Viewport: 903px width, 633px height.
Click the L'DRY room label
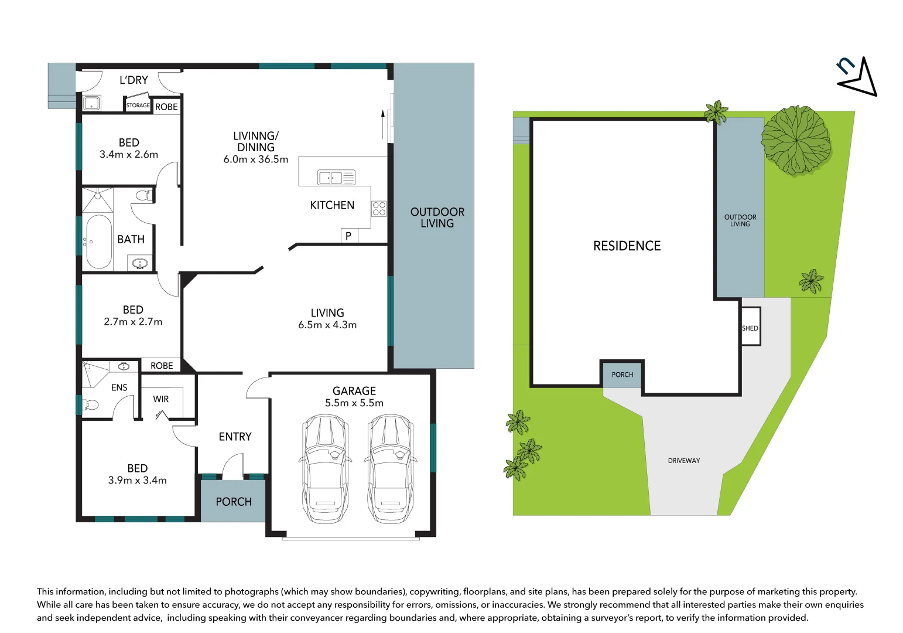[x=134, y=80]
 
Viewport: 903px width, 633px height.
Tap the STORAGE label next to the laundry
[x=138, y=105]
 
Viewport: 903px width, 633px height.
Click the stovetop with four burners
[x=379, y=209]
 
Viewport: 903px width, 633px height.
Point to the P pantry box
[x=348, y=236]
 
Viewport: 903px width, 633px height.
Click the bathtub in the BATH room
[x=98, y=241]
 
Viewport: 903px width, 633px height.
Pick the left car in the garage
[x=326, y=469]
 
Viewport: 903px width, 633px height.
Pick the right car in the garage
[x=390, y=469]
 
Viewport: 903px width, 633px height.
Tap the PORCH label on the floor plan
[x=234, y=502]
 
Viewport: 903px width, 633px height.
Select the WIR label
[x=161, y=399]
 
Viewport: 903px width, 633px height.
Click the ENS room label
[x=119, y=387]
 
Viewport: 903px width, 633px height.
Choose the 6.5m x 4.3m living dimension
[x=327, y=325]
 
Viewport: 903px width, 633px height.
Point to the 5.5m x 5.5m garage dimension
[x=354, y=403]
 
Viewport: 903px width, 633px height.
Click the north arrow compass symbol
[x=858, y=77]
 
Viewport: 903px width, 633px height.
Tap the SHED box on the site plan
[x=750, y=326]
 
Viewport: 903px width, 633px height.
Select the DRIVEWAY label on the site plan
[x=684, y=461]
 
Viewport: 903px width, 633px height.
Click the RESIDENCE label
[x=627, y=246]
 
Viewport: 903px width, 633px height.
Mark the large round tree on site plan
[x=796, y=140]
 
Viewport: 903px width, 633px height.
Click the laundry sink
[x=91, y=104]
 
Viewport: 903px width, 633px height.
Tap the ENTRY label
[x=235, y=437]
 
